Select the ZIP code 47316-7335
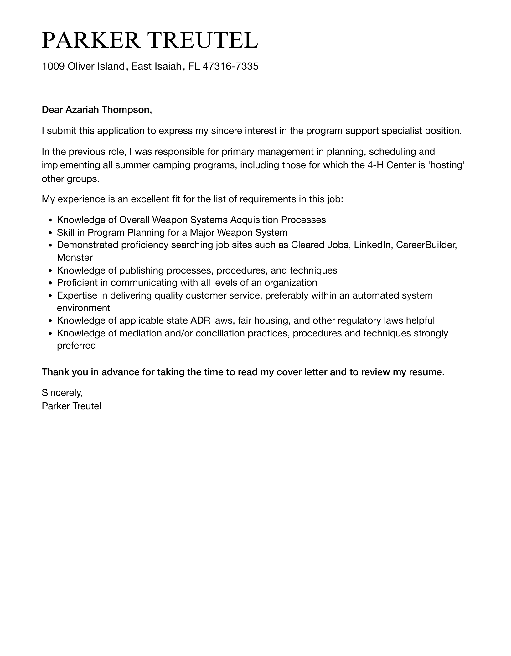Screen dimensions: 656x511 coord(230,66)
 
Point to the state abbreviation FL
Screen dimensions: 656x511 coord(194,66)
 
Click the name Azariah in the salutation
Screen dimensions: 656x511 coord(82,110)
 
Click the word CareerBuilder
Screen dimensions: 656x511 coord(426,245)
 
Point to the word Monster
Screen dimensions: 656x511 coord(75,258)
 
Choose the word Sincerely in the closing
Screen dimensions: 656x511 coord(62,392)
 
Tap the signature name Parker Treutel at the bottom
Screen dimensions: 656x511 coord(71,406)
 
